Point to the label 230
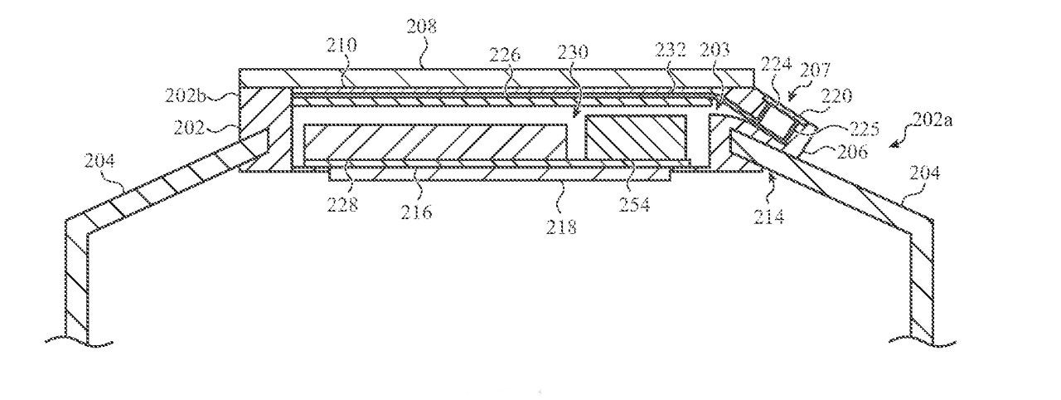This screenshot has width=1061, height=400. tap(572, 51)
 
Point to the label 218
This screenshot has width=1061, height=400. tap(562, 226)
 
